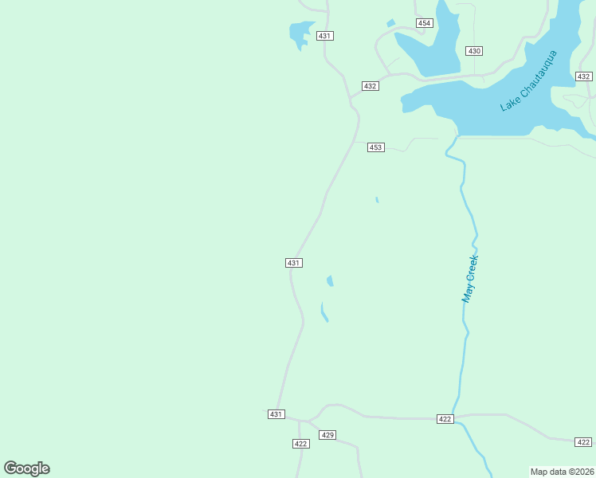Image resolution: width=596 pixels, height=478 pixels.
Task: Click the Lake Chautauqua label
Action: point(529,80)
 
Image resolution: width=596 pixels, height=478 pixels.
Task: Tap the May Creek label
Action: point(471,278)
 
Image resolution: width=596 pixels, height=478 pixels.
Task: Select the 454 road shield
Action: point(425,23)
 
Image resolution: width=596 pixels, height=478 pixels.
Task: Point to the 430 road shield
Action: point(475,51)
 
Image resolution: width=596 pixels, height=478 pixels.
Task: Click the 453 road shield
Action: point(376,147)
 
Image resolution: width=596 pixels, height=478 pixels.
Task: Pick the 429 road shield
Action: point(327,435)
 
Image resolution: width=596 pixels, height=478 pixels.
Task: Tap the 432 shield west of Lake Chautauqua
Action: point(370,86)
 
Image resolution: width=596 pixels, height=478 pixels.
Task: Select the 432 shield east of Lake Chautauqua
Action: point(583,76)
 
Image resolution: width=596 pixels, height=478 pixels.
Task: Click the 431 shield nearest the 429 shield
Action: point(276,414)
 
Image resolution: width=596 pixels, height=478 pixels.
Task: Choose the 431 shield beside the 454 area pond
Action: point(324,36)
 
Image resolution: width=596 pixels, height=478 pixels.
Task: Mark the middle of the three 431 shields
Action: point(293,263)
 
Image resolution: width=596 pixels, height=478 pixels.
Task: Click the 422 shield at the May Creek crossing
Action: point(445,419)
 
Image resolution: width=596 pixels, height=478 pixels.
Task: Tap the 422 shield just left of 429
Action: point(300,444)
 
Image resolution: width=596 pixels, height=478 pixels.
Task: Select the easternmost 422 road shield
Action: point(583,441)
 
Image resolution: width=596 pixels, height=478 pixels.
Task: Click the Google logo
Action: point(26,468)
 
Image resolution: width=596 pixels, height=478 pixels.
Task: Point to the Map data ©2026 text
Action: point(563,472)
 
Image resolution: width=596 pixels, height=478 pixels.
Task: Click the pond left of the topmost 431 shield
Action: point(299,34)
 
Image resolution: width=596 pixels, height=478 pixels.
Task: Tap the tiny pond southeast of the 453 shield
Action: point(376,199)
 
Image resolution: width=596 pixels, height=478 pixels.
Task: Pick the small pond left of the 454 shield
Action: point(390,23)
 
